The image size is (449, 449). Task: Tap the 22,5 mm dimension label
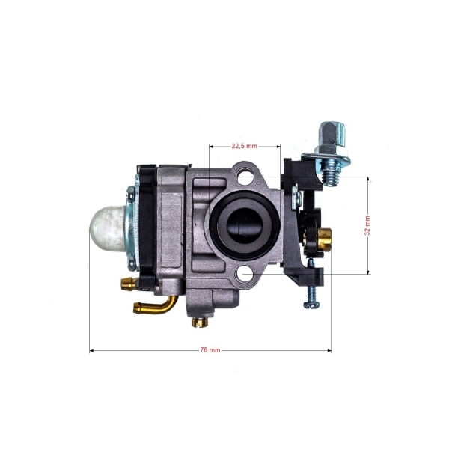[x=244, y=146]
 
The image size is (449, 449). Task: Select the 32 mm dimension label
[x=367, y=225]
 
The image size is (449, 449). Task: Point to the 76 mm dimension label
[x=211, y=350]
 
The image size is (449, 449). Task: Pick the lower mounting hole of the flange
[x=244, y=274]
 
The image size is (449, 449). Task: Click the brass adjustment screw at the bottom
[x=198, y=323]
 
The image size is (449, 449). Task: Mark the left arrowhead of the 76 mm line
[x=91, y=350]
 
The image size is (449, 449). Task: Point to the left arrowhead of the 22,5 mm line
[x=211, y=146]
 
